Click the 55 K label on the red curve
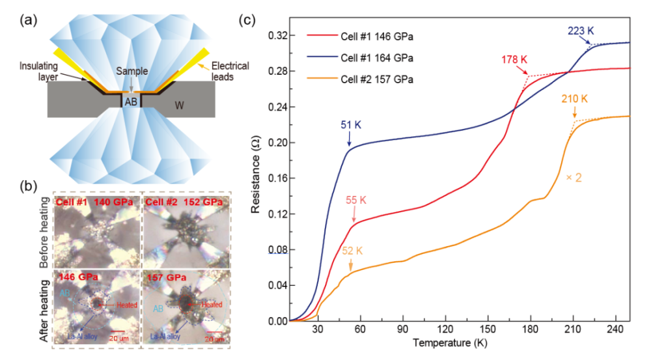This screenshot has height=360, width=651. tap(351, 199)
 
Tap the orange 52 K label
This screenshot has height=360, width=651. tap(351, 249)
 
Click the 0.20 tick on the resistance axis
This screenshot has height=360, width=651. tap(275, 143)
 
